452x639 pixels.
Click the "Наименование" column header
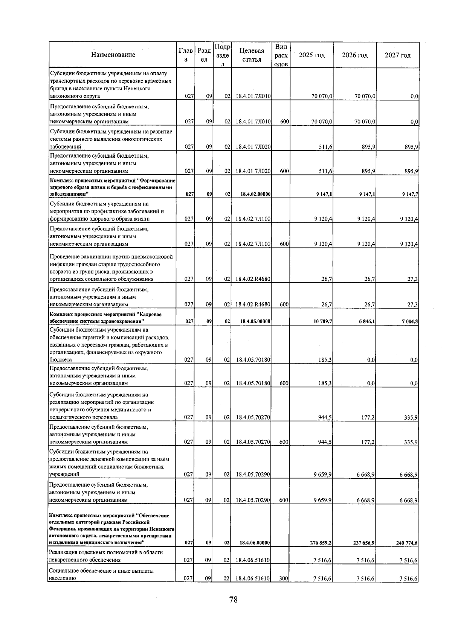[x=113, y=55]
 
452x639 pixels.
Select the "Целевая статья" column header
[x=252, y=55]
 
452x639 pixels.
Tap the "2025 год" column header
[x=312, y=55]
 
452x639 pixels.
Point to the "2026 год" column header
[x=355, y=55]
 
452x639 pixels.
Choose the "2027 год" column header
[x=398, y=55]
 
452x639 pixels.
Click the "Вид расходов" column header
[x=281, y=55]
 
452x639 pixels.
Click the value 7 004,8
[x=408, y=322]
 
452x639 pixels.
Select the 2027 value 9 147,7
[x=408, y=194]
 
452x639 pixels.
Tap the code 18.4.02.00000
[x=255, y=194]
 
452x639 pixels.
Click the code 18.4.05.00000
[x=255, y=322]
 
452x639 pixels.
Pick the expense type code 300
[x=284, y=589]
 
